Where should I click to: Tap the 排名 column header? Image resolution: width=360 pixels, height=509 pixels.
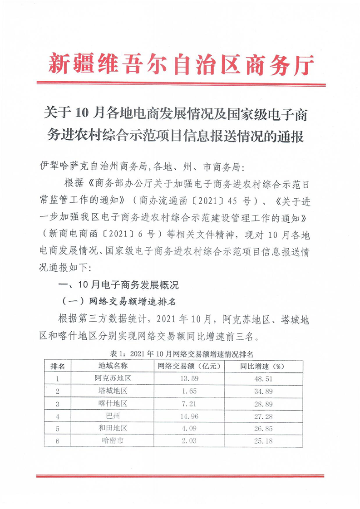(58, 366)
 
